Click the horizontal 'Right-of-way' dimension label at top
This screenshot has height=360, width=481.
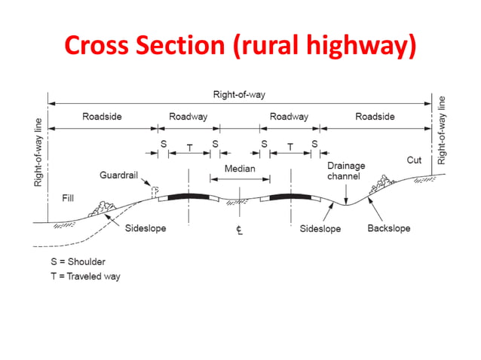point(239,95)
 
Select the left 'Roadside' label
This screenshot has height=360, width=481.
point(102,117)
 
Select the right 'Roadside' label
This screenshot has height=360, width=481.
point(375,117)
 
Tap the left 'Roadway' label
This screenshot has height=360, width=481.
point(188,117)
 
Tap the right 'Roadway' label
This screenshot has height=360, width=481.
point(289,117)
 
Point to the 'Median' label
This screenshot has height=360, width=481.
point(240,169)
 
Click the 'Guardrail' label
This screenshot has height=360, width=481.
point(118,175)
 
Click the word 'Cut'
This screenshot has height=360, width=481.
point(414,160)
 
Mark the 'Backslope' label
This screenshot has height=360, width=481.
point(388,228)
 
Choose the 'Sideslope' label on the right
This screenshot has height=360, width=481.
point(320,228)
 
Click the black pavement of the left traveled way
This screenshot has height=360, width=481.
point(188,197)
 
